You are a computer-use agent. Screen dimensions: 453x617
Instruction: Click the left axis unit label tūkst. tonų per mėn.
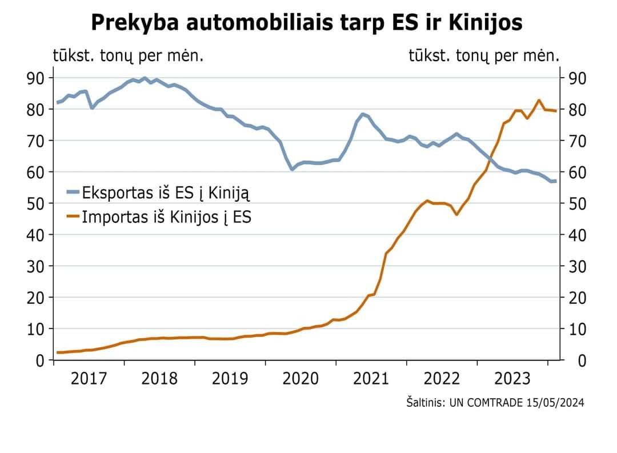tap(129, 55)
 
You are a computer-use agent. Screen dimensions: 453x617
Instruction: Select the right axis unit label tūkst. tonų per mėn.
tap(483, 55)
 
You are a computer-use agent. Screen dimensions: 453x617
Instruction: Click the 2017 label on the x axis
tap(89, 379)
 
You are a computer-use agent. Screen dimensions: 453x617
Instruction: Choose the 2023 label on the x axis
tap(512, 379)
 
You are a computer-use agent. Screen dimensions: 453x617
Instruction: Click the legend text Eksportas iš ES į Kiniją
tap(166, 193)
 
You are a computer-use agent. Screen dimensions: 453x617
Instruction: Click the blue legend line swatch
tap(73, 193)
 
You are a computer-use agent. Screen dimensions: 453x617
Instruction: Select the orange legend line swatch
tap(73, 217)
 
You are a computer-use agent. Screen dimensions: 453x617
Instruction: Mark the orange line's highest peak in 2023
tap(539, 101)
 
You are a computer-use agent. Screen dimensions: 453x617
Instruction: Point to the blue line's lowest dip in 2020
tap(292, 170)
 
